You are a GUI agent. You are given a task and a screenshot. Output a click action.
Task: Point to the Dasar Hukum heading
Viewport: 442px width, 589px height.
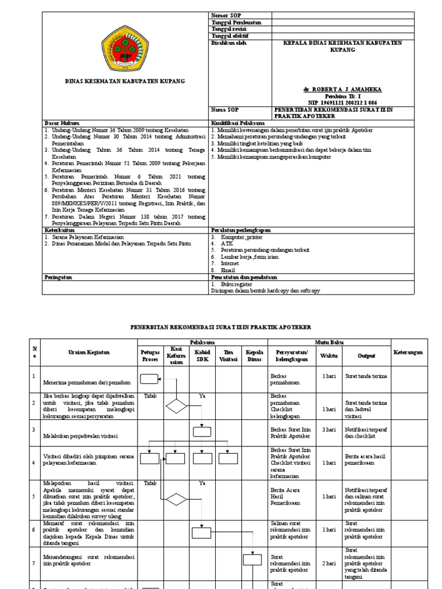coord(60,123)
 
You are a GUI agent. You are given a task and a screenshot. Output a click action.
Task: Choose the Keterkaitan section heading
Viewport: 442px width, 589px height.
coord(59,230)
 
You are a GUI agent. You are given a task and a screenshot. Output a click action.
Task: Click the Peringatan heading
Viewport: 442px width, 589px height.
coord(58,277)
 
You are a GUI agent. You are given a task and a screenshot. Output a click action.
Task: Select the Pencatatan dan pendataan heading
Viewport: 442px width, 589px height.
coord(244,277)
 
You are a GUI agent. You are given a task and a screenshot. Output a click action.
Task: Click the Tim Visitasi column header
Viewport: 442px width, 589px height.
coord(228,355)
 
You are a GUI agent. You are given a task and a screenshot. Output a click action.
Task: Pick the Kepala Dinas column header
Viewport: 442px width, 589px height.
coord(254,355)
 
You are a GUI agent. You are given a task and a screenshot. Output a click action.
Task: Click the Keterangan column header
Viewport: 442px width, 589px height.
coord(411,351)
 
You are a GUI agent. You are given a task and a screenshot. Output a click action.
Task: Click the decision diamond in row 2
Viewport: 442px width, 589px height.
coord(176,406)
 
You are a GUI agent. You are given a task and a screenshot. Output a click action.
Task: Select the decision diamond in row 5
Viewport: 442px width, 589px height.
coord(176,498)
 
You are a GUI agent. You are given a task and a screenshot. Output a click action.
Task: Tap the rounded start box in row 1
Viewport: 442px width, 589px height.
coord(149,378)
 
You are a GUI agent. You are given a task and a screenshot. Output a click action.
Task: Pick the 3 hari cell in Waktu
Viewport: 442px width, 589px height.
coord(329,429)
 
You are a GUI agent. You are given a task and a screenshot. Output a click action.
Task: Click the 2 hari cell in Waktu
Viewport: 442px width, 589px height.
coord(329,564)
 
